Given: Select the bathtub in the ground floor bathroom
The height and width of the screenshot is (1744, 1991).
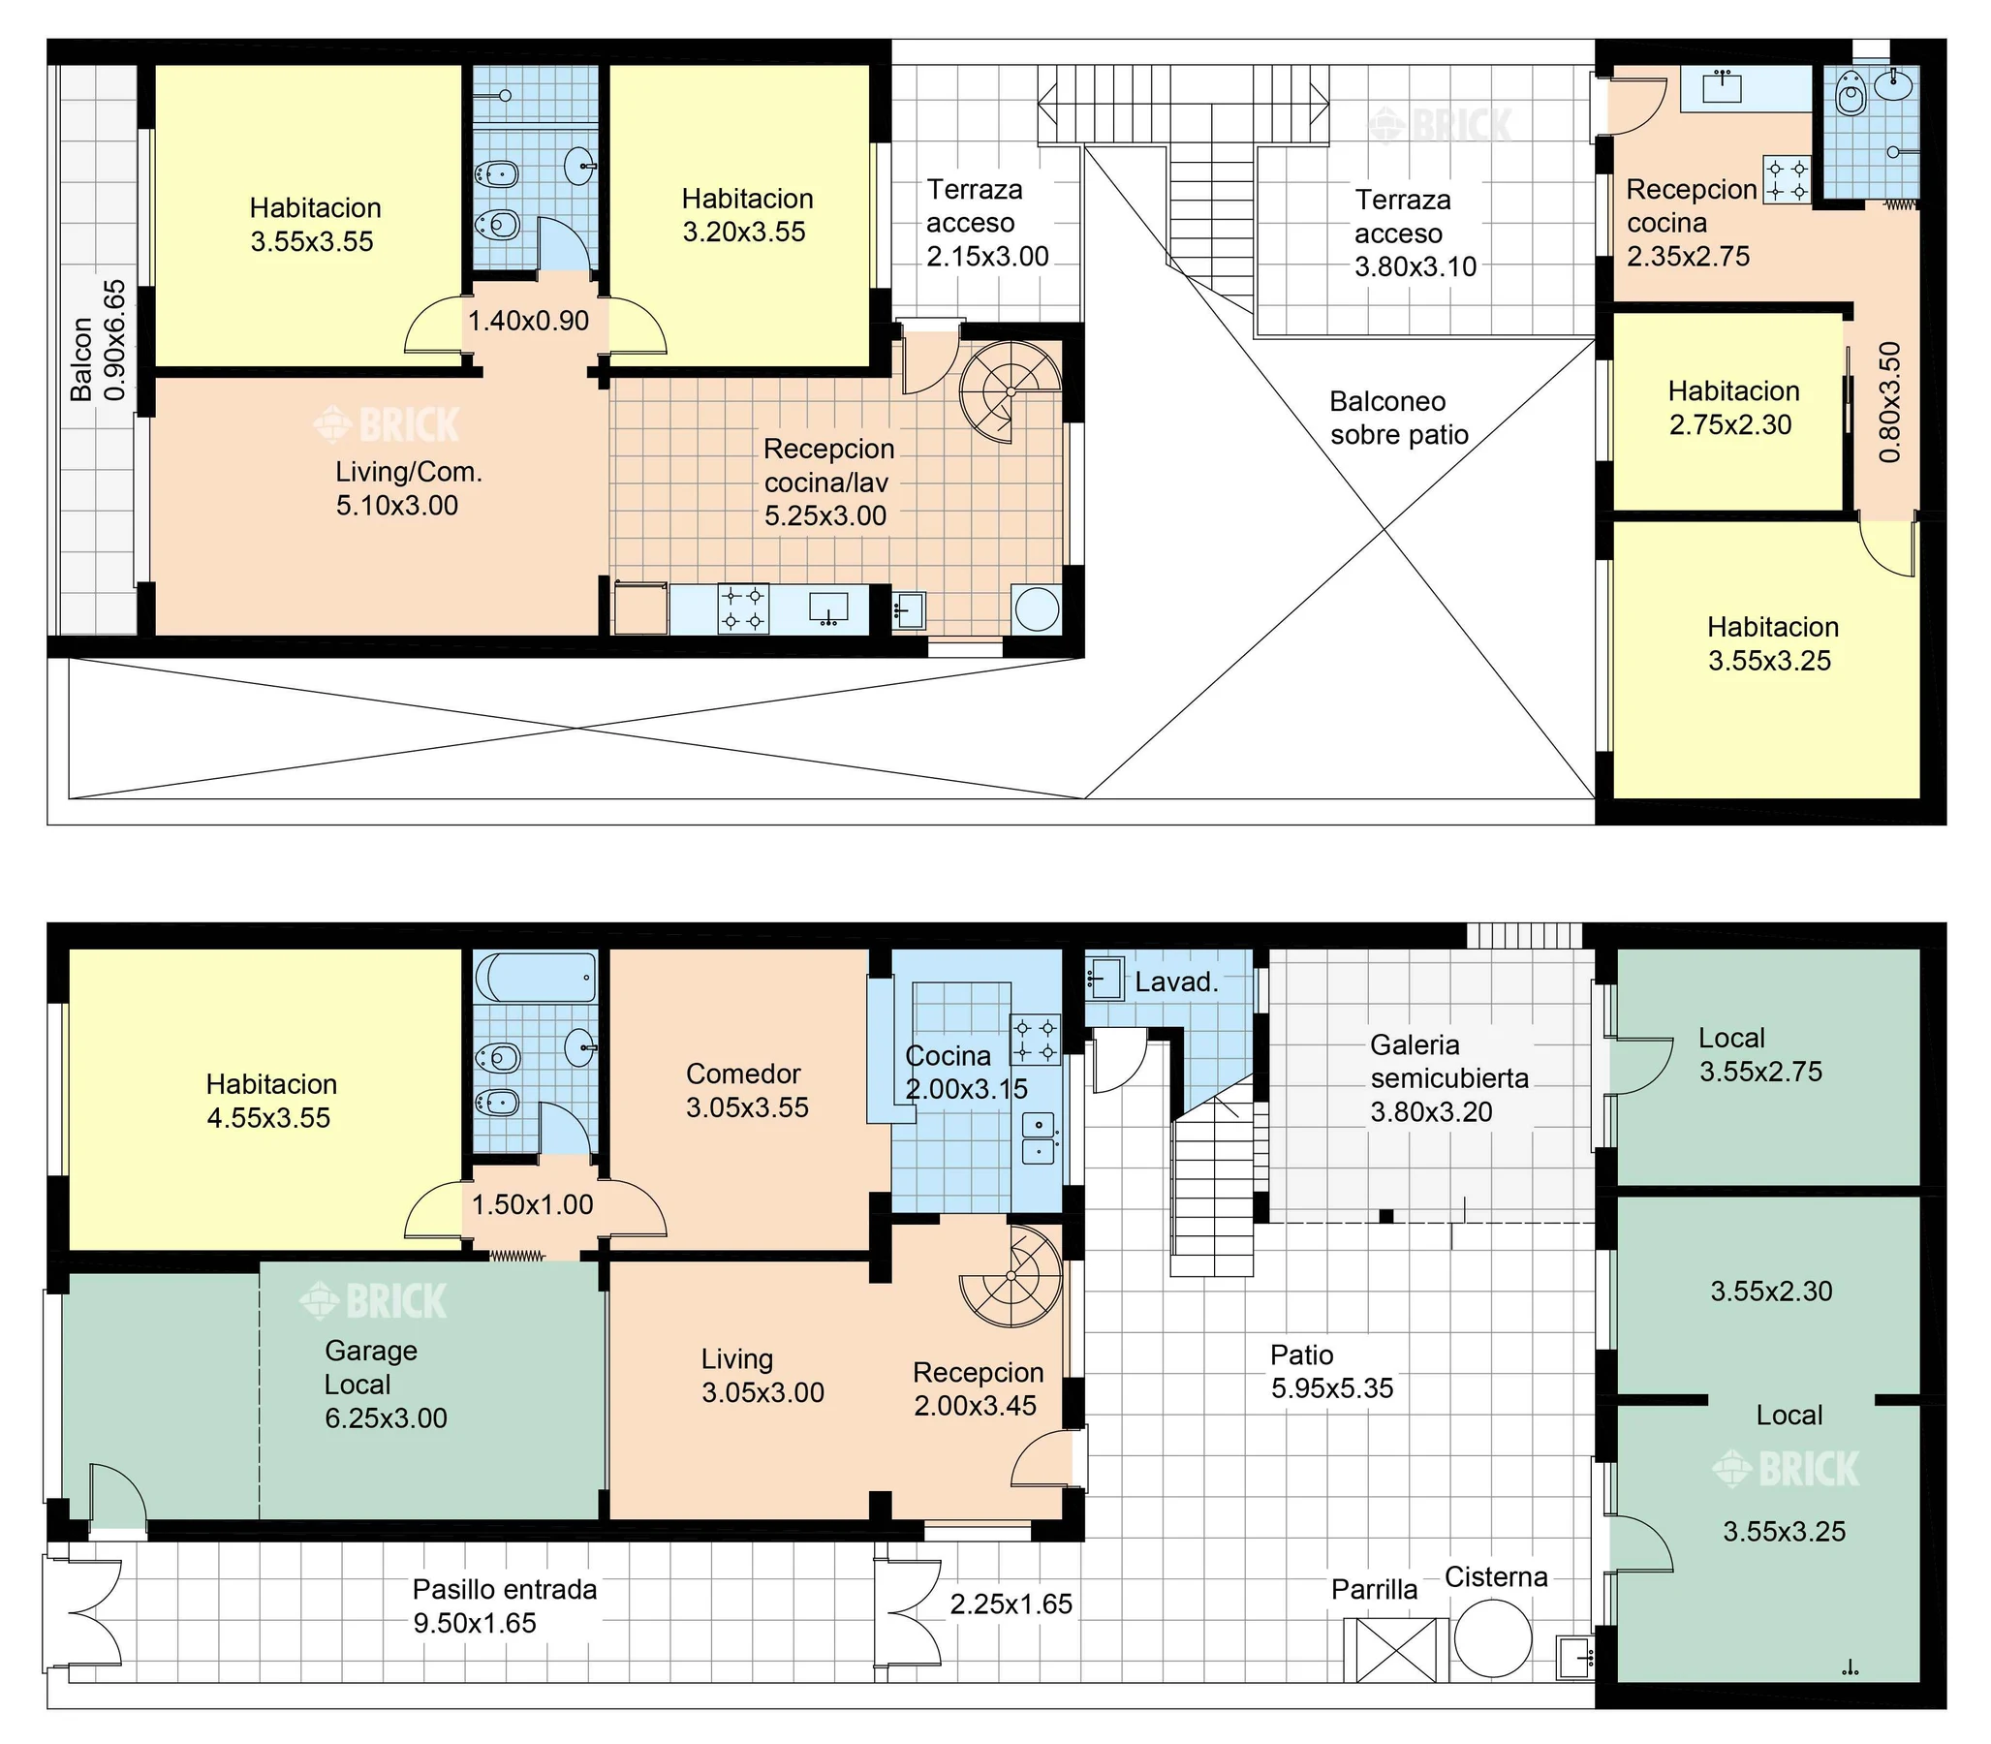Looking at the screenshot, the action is tap(535, 976).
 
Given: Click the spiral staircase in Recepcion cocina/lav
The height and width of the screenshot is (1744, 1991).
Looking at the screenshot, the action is tap(1011, 392).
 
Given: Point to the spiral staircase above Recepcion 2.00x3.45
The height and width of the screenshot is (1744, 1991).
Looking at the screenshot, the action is tap(1011, 1276).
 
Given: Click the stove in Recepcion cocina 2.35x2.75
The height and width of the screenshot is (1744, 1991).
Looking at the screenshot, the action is tap(1788, 180).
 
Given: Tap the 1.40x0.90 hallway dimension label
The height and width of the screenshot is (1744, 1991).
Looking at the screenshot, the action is tap(528, 320).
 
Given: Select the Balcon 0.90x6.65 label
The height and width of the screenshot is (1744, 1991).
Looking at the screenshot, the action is tap(98, 341).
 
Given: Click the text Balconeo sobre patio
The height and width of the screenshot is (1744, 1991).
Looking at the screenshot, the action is tap(1399, 418).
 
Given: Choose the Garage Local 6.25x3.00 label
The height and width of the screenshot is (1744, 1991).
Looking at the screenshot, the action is tap(386, 1384).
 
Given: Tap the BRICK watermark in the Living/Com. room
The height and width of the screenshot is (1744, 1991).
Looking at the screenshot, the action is tap(387, 424).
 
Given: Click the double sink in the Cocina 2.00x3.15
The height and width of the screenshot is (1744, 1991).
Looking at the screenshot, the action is tap(1039, 1138).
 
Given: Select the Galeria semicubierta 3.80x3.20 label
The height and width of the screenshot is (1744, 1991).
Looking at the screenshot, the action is tap(1449, 1078).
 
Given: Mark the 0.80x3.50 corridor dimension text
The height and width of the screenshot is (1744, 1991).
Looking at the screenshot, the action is tap(1889, 402).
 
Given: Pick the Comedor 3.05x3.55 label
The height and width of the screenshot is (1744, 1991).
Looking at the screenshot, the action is tap(746, 1090).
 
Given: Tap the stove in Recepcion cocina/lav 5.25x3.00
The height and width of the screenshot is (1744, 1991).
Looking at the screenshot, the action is tap(743, 609).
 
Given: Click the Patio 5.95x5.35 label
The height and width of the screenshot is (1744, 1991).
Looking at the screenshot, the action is tap(1332, 1371).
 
